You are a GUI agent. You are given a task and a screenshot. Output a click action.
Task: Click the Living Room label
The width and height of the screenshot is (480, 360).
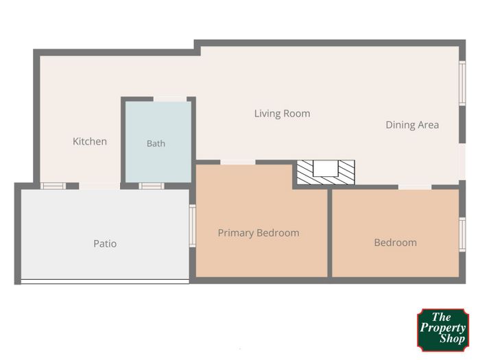(283, 114)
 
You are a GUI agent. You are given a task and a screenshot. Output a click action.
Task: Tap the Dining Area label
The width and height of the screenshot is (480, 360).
(412, 125)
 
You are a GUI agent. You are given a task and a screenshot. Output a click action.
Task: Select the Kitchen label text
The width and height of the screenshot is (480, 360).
(90, 141)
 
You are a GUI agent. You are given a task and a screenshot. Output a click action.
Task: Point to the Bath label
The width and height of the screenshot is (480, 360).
(156, 143)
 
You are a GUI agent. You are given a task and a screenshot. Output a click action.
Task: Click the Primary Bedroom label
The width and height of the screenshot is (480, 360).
(259, 233)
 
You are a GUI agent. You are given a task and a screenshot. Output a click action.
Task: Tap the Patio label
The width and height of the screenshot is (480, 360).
(105, 243)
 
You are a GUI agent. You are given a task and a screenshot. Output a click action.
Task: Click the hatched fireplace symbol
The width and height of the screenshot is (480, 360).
(326, 172)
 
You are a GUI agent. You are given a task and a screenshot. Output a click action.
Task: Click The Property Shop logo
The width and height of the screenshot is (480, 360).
(443, 330)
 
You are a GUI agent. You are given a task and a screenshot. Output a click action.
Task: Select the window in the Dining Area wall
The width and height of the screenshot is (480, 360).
(462, 83)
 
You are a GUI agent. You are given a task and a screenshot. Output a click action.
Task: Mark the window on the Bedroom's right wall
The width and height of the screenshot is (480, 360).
(462, 235)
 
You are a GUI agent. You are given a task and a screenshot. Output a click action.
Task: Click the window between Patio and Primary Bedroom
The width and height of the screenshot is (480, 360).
(193, 226)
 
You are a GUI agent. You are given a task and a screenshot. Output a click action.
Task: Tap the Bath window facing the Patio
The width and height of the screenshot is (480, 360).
(152, 186)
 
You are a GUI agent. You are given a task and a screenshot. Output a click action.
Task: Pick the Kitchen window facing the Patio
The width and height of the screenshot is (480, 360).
(53, 186)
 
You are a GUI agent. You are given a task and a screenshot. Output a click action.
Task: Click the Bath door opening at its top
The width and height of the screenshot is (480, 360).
(170, 99)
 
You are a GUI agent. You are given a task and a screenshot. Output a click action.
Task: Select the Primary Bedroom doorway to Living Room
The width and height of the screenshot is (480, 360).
(238, 163)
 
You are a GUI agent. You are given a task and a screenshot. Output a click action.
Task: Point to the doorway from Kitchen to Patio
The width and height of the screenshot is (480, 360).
(99, 186)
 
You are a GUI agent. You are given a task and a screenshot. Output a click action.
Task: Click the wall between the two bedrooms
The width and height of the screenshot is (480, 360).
(330, 233)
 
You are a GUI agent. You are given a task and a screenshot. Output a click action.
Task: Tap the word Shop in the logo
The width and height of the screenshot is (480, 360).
(453, 339)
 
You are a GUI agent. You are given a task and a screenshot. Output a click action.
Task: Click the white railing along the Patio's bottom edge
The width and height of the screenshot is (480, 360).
(105, 281)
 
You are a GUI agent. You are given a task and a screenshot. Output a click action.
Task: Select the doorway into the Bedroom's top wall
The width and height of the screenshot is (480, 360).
(415, 187)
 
